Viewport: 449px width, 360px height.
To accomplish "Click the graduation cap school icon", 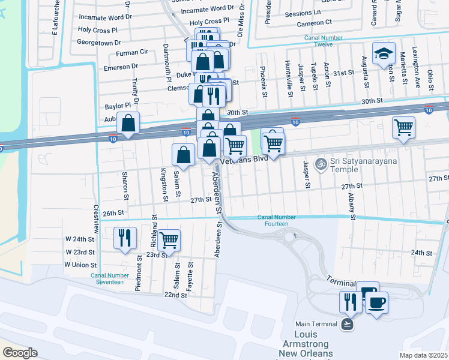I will tap(384, 53).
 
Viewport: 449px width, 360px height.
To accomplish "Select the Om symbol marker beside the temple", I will tap(321, 163).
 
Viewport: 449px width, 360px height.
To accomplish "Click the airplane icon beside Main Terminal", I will tap(346, 324).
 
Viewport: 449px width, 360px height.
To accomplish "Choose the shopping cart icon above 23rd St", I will tap(169, 239).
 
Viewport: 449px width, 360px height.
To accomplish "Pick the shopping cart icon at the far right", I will tap(403, 127).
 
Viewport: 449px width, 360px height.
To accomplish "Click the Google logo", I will tap(20, 352).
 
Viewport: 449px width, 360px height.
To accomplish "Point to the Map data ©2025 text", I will tap(423, 355).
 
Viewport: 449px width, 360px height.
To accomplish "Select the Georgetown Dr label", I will tap(100, 43).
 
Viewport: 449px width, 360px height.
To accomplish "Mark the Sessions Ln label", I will tap(303, 13).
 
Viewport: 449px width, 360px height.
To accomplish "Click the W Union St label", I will tap(80, 265).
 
